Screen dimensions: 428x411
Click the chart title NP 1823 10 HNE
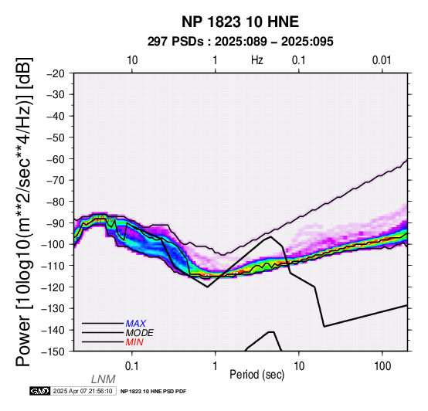(240, 22)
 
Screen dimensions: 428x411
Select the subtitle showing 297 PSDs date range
(240, 42)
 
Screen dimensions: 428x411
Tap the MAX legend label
(136, 324)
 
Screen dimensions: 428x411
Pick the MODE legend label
(140, 333)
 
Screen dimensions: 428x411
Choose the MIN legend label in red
(134, 342)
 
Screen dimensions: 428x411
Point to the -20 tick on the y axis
(56, 73)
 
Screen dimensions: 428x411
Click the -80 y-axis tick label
(56, 202)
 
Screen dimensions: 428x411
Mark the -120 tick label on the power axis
(53, 287)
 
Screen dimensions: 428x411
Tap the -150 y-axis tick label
(53, 352)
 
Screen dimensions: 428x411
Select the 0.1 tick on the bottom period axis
(132, 366)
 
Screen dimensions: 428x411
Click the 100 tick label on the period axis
(382, 366)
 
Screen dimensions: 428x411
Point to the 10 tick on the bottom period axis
(299, 366)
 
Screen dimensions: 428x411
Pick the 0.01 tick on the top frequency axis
(382, 60)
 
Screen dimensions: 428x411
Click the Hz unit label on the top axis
(257, 60)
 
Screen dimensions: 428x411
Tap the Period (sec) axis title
(257, 375)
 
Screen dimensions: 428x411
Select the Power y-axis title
(23, 212)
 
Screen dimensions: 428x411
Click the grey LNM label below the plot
(104, 379)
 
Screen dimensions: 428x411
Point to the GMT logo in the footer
(40, 391)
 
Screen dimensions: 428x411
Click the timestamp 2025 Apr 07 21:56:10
(83, 391)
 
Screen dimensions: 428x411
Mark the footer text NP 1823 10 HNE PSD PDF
(154, 392)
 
